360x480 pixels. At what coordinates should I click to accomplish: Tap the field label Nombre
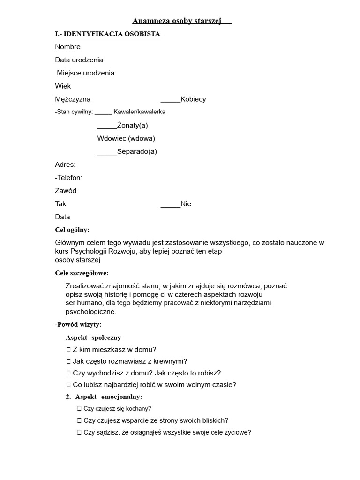(67, 47)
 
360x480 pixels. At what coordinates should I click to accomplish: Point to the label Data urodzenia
(79, 60)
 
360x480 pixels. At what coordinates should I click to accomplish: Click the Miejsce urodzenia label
(85, 73)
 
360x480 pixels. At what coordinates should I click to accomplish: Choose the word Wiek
(63, 86)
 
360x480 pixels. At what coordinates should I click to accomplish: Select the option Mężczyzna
(73, 99)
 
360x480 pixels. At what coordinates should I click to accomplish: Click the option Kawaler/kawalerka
(139, 112)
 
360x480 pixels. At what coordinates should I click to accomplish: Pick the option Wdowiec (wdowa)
(126, 138)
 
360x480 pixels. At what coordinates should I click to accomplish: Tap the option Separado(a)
(137, 151)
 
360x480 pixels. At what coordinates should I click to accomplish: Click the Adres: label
(65, 165)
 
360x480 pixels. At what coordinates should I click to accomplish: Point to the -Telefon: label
(68, 178)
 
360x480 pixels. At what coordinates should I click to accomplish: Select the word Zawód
(66, 191)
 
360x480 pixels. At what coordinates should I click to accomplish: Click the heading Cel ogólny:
(72, 230)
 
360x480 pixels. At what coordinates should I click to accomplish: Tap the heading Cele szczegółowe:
(82, 273)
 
